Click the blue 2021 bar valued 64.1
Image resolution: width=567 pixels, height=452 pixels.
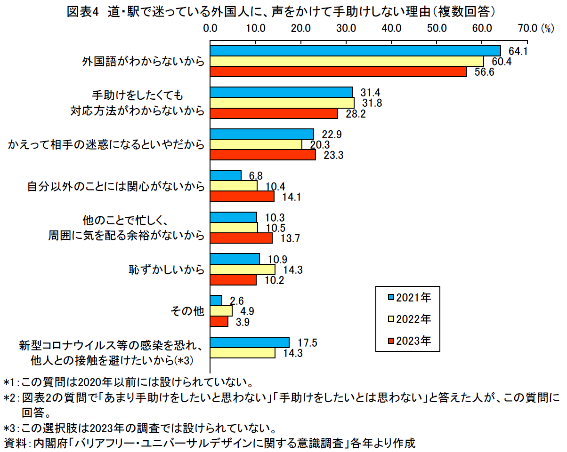pos(355,51)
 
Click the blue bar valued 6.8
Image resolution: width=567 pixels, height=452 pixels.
pos(226,175)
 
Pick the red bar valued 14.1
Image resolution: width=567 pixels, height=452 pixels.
pos(242,197)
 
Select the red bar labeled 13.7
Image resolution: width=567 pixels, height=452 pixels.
pos(241,238)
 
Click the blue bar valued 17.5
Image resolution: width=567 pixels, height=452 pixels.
pos(250,342)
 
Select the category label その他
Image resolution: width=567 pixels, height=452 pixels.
pos(188,311)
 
